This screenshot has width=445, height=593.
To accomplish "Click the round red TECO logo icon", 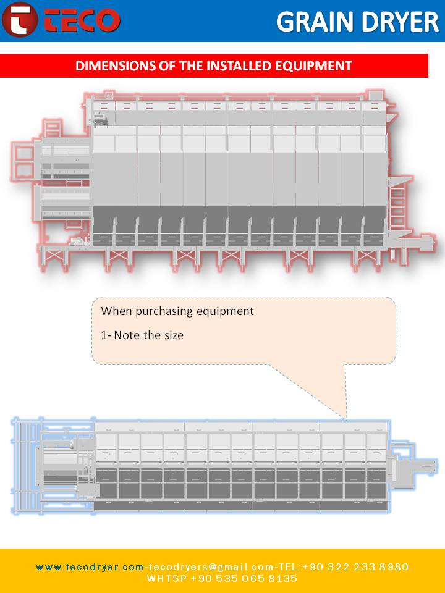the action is coord(20,19).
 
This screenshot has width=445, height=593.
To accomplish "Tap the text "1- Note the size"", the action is coord(142,335).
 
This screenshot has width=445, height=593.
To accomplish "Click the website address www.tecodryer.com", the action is coord(90,567).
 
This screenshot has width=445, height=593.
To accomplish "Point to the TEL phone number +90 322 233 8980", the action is coord(356,567).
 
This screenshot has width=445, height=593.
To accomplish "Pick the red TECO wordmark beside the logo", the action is coord(81,20).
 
